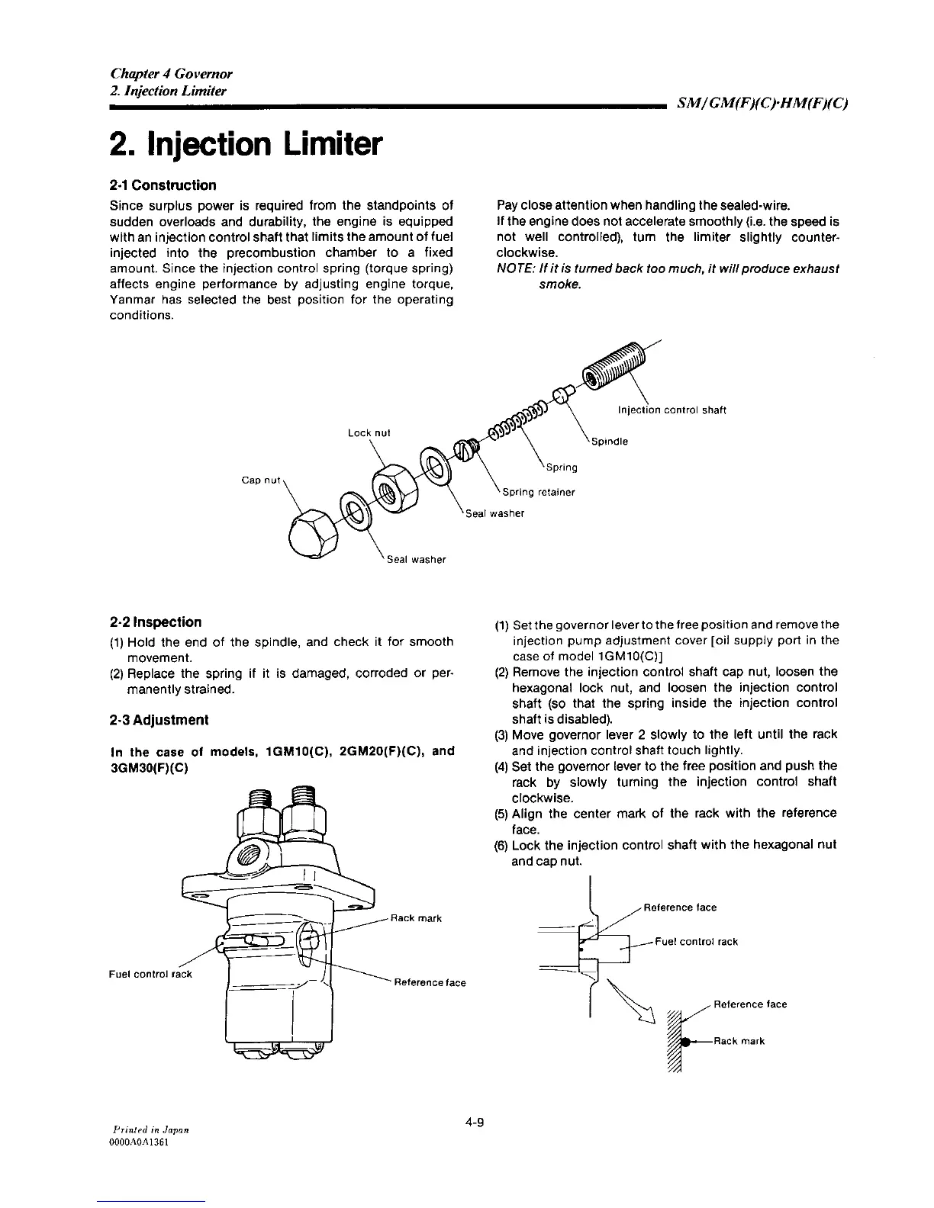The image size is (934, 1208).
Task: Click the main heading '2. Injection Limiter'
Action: click(x=245, y=143)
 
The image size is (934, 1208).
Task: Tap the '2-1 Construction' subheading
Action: click(x=163, y=185)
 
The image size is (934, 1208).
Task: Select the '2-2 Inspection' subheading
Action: click(x=156, y=622)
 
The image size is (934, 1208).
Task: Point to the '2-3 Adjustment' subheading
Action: click(x=159, y=720)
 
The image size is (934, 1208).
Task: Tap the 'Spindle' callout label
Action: click(x=609, y=442)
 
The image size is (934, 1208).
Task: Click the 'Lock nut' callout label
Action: click(x=369, y=432)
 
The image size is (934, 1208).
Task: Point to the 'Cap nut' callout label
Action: click(x=261, y=480)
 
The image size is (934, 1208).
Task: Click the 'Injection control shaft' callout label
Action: click(x=672, y=410)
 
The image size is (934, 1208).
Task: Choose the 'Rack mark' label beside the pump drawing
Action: click(x=416, y=917)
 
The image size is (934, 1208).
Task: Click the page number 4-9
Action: click(x=474, y=1122)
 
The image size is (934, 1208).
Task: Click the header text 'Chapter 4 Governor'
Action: click(x=171, y=73)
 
